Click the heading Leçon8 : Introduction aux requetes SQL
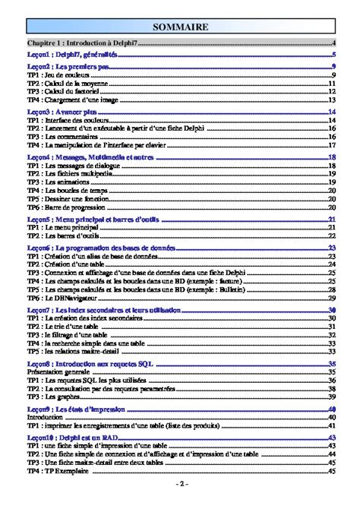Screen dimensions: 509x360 coord(90,364)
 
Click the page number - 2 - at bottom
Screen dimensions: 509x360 coord(180,485)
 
